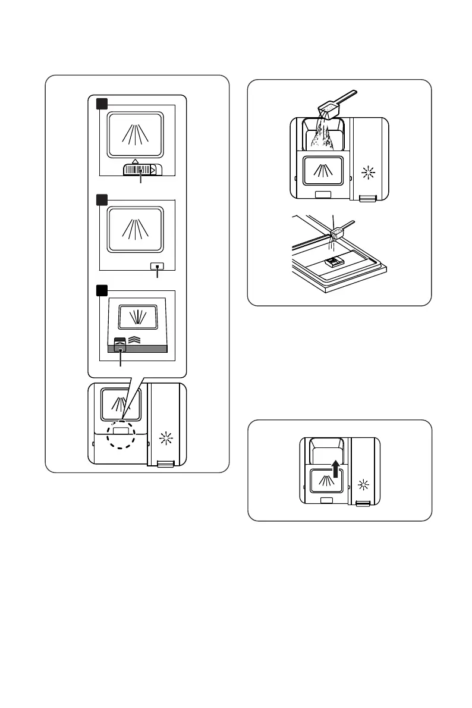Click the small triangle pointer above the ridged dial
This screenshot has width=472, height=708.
click(x=136, y=161)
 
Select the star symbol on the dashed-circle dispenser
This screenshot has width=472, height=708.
click(x=167, y=441)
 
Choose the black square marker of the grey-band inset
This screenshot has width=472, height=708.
click(x=103, y=290)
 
